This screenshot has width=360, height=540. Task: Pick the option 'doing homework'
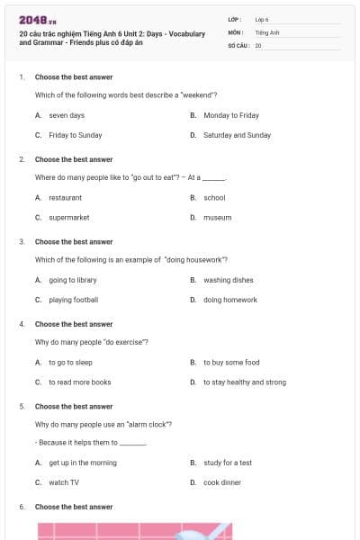[x=229, y=300]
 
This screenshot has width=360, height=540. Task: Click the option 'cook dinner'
[x=221, y=482]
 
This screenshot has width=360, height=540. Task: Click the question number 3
[x=22, y=242]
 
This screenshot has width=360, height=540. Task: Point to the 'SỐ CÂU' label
[x=238, y=44]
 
